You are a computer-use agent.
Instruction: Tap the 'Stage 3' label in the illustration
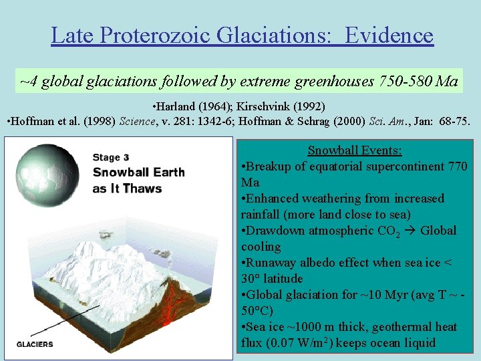tap(111, 158)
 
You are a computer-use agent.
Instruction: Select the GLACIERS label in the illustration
tap(35, 344)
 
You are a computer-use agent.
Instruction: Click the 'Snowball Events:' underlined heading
tap(355, 150)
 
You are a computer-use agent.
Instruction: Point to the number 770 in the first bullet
tap(457, 166)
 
